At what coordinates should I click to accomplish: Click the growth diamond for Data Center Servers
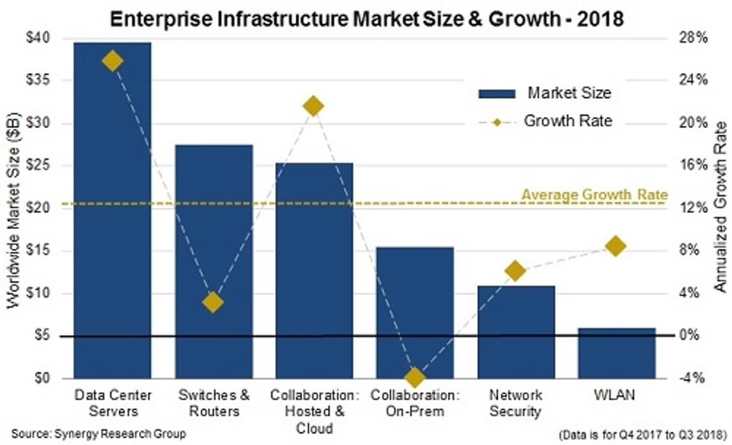coord(112,61)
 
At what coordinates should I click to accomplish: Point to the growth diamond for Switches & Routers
coord(213,302)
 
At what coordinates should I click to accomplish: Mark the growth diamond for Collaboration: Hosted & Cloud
coord(314,106)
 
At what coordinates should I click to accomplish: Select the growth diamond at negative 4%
coord(415,377)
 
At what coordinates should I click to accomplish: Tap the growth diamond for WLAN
coord(616,246)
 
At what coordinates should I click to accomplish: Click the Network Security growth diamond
coord(515,271)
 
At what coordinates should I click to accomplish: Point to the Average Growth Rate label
coord(594,195)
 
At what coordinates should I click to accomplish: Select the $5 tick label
coord(52,336)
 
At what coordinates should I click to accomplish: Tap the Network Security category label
coord(515,403)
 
